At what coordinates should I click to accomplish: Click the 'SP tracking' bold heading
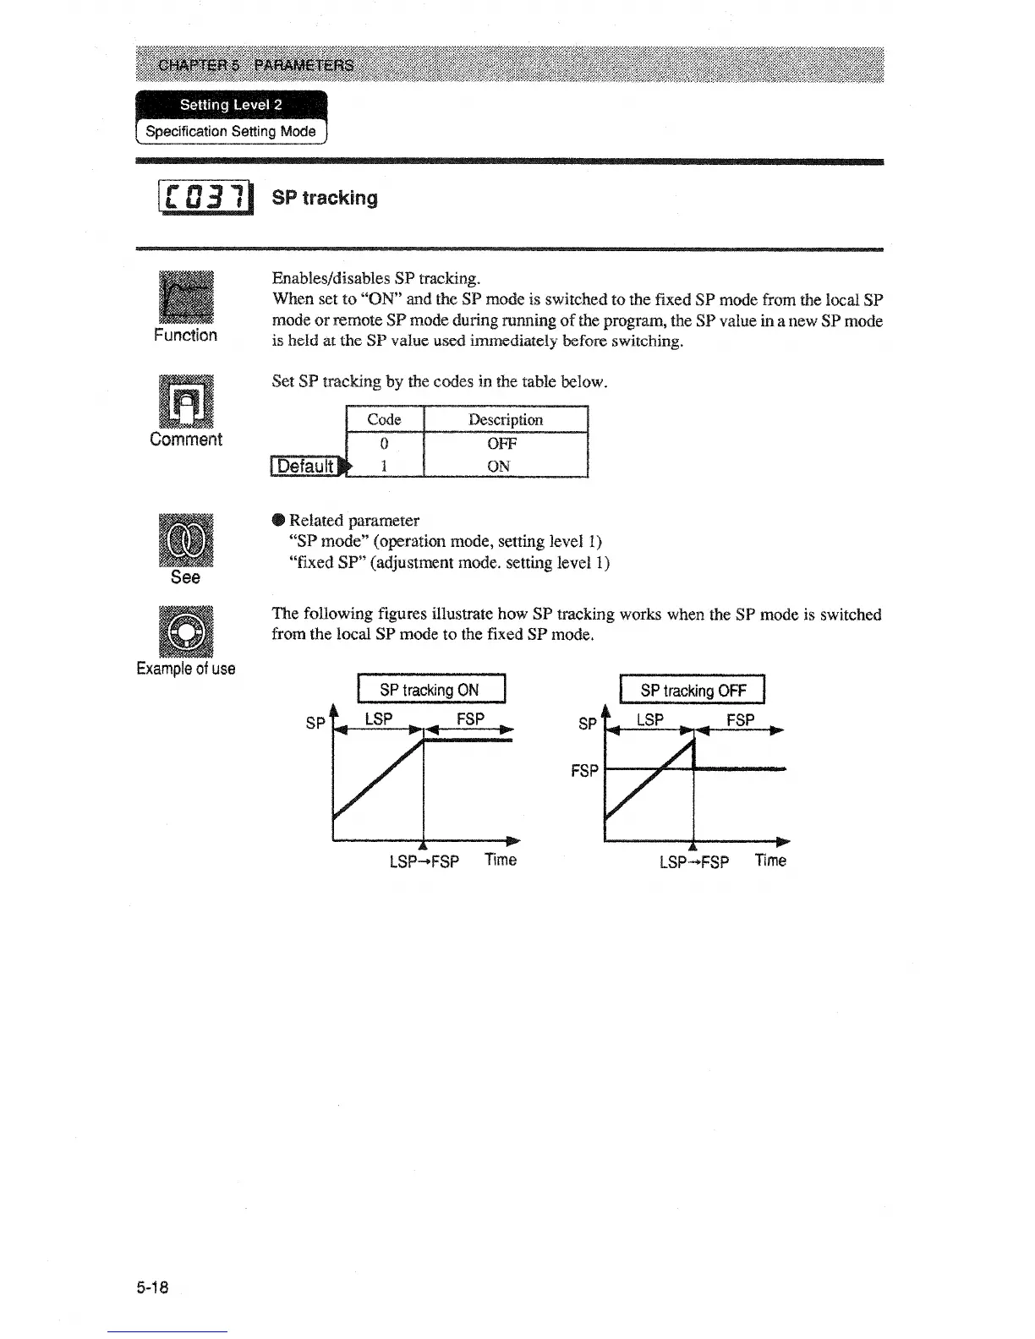coord(325,198)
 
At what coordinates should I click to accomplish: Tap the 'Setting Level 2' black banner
coord(231,105)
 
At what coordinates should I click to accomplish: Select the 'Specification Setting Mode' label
coord(231,131)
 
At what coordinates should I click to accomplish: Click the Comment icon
coord(186,401)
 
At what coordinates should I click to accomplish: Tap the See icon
coord(186,539)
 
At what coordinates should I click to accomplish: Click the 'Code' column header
coord(384,419)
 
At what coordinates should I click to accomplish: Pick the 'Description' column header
coord(505,419)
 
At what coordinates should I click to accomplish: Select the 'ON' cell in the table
coord(498,466)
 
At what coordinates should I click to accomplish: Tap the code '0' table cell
coord(384,443)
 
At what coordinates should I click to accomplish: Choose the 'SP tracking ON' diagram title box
coord(431,689)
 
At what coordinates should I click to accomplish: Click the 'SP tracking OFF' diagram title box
coord(693,690)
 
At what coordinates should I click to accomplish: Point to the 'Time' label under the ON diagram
coord(501,860)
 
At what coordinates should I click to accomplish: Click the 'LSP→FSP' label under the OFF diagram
coord(693,862)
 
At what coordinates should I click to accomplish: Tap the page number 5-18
coord(152,1287)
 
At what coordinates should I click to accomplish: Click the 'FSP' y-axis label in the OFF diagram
coord(584,770)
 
